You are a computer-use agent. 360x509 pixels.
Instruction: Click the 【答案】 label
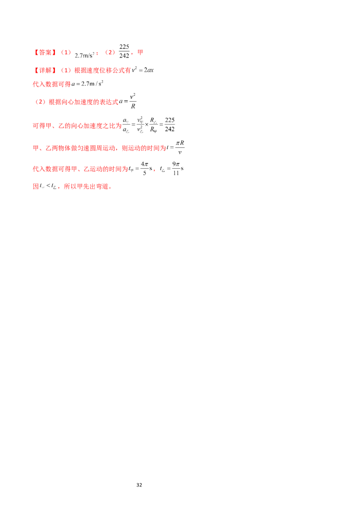(x=45, y=53)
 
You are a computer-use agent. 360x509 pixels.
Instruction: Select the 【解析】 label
(x=45, y=71)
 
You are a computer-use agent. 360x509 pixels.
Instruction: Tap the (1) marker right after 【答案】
(x=66, y=53)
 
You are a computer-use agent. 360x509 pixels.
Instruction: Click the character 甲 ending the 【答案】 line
(x=140, y=53)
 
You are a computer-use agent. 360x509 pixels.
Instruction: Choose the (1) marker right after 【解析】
(x=66, y=71)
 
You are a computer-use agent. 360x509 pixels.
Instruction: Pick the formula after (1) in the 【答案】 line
(x=85, y=55)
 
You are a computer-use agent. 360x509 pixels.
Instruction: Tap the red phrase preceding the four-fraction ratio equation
(x=76, y=126)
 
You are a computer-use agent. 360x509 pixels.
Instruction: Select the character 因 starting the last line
(x=35, y=187)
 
